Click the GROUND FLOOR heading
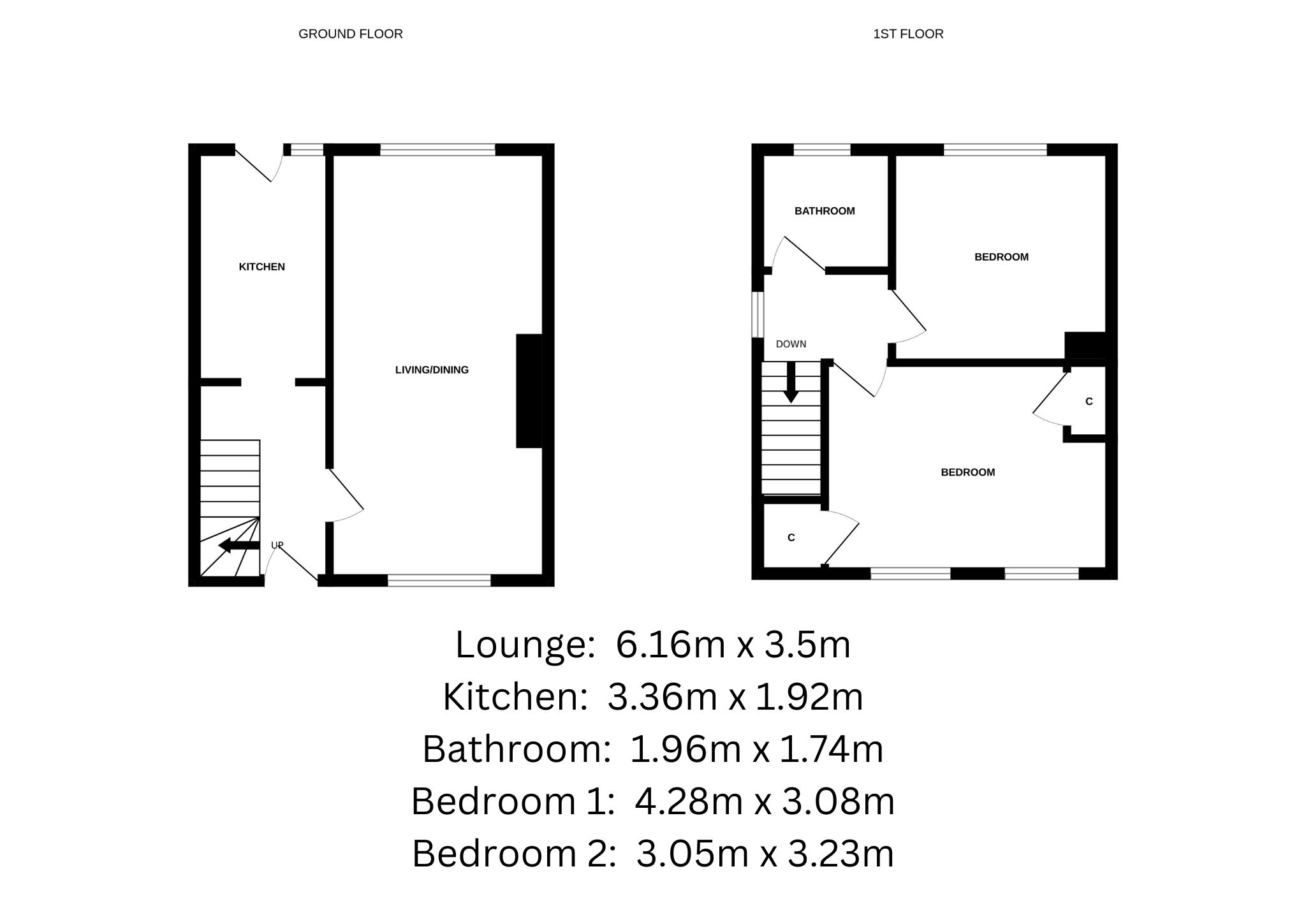click(x=350, y=34)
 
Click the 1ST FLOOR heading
click(x=907, y=34)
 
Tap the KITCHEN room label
click(x=261, y=267)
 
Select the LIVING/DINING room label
click(x=432, y=370)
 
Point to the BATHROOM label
click(x=824, y=211)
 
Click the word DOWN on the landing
click(x=791, y=344)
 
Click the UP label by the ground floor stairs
click(x=277, y=545)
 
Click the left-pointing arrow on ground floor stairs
click(x=237, y=546)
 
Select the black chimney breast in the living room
click(x=529, y=390)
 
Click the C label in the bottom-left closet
click(x=791, y=537)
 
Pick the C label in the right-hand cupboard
click(x=1089, y=402)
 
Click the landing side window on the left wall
click(x=758, y=314)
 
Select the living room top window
click(x=437, y=150)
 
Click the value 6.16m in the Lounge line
click(x=670, y=645)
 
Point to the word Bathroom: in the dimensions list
click(x=517, y=749)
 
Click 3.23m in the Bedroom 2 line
click(x=840, y=854)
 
